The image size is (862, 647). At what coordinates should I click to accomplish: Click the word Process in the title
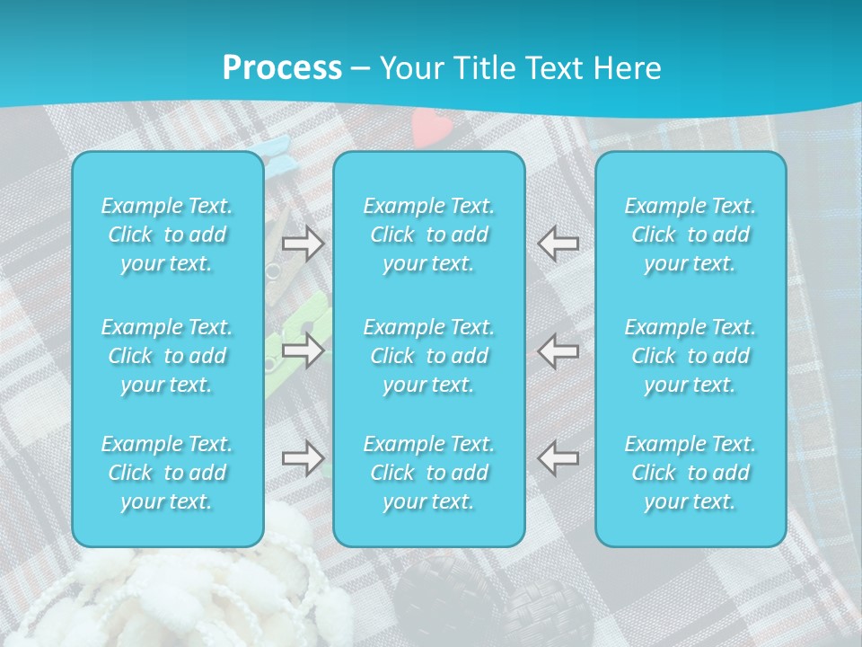282,68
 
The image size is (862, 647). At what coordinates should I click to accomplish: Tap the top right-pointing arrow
303,244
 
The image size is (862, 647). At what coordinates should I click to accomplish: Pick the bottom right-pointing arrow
303,458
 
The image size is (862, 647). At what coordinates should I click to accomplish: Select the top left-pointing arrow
559,244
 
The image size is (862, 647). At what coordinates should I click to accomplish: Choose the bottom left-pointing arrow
559,458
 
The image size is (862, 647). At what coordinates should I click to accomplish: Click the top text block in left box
167,235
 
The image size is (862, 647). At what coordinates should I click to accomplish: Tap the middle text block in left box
167,356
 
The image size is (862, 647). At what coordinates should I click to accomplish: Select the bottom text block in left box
167,473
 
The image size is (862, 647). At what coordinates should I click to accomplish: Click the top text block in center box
428,235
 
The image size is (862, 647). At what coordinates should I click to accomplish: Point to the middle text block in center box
428,356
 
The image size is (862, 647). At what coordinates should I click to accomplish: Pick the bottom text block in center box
428,473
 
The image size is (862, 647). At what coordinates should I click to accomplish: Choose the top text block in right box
690,235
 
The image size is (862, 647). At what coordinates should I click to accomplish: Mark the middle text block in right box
690,356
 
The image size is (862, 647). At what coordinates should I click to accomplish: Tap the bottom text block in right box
690,473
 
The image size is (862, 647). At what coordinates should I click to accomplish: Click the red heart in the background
427,126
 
